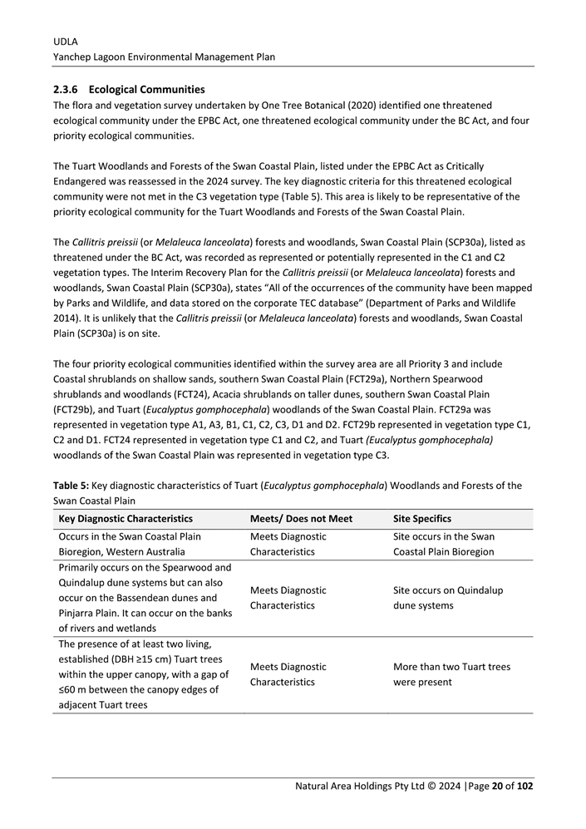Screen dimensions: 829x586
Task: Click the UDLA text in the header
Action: pos(65,41)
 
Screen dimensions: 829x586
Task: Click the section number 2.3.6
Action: pos(66,89)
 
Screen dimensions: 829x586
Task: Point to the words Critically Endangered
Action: pos(478,166)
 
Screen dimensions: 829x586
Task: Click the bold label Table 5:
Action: pos(71,486)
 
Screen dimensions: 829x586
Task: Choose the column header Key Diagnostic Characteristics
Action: pos(126,519)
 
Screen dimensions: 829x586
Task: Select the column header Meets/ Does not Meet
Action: pos(301,519)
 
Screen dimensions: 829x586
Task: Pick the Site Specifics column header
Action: pos(423,519)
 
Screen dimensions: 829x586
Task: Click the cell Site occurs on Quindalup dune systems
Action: pos(447,598)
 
